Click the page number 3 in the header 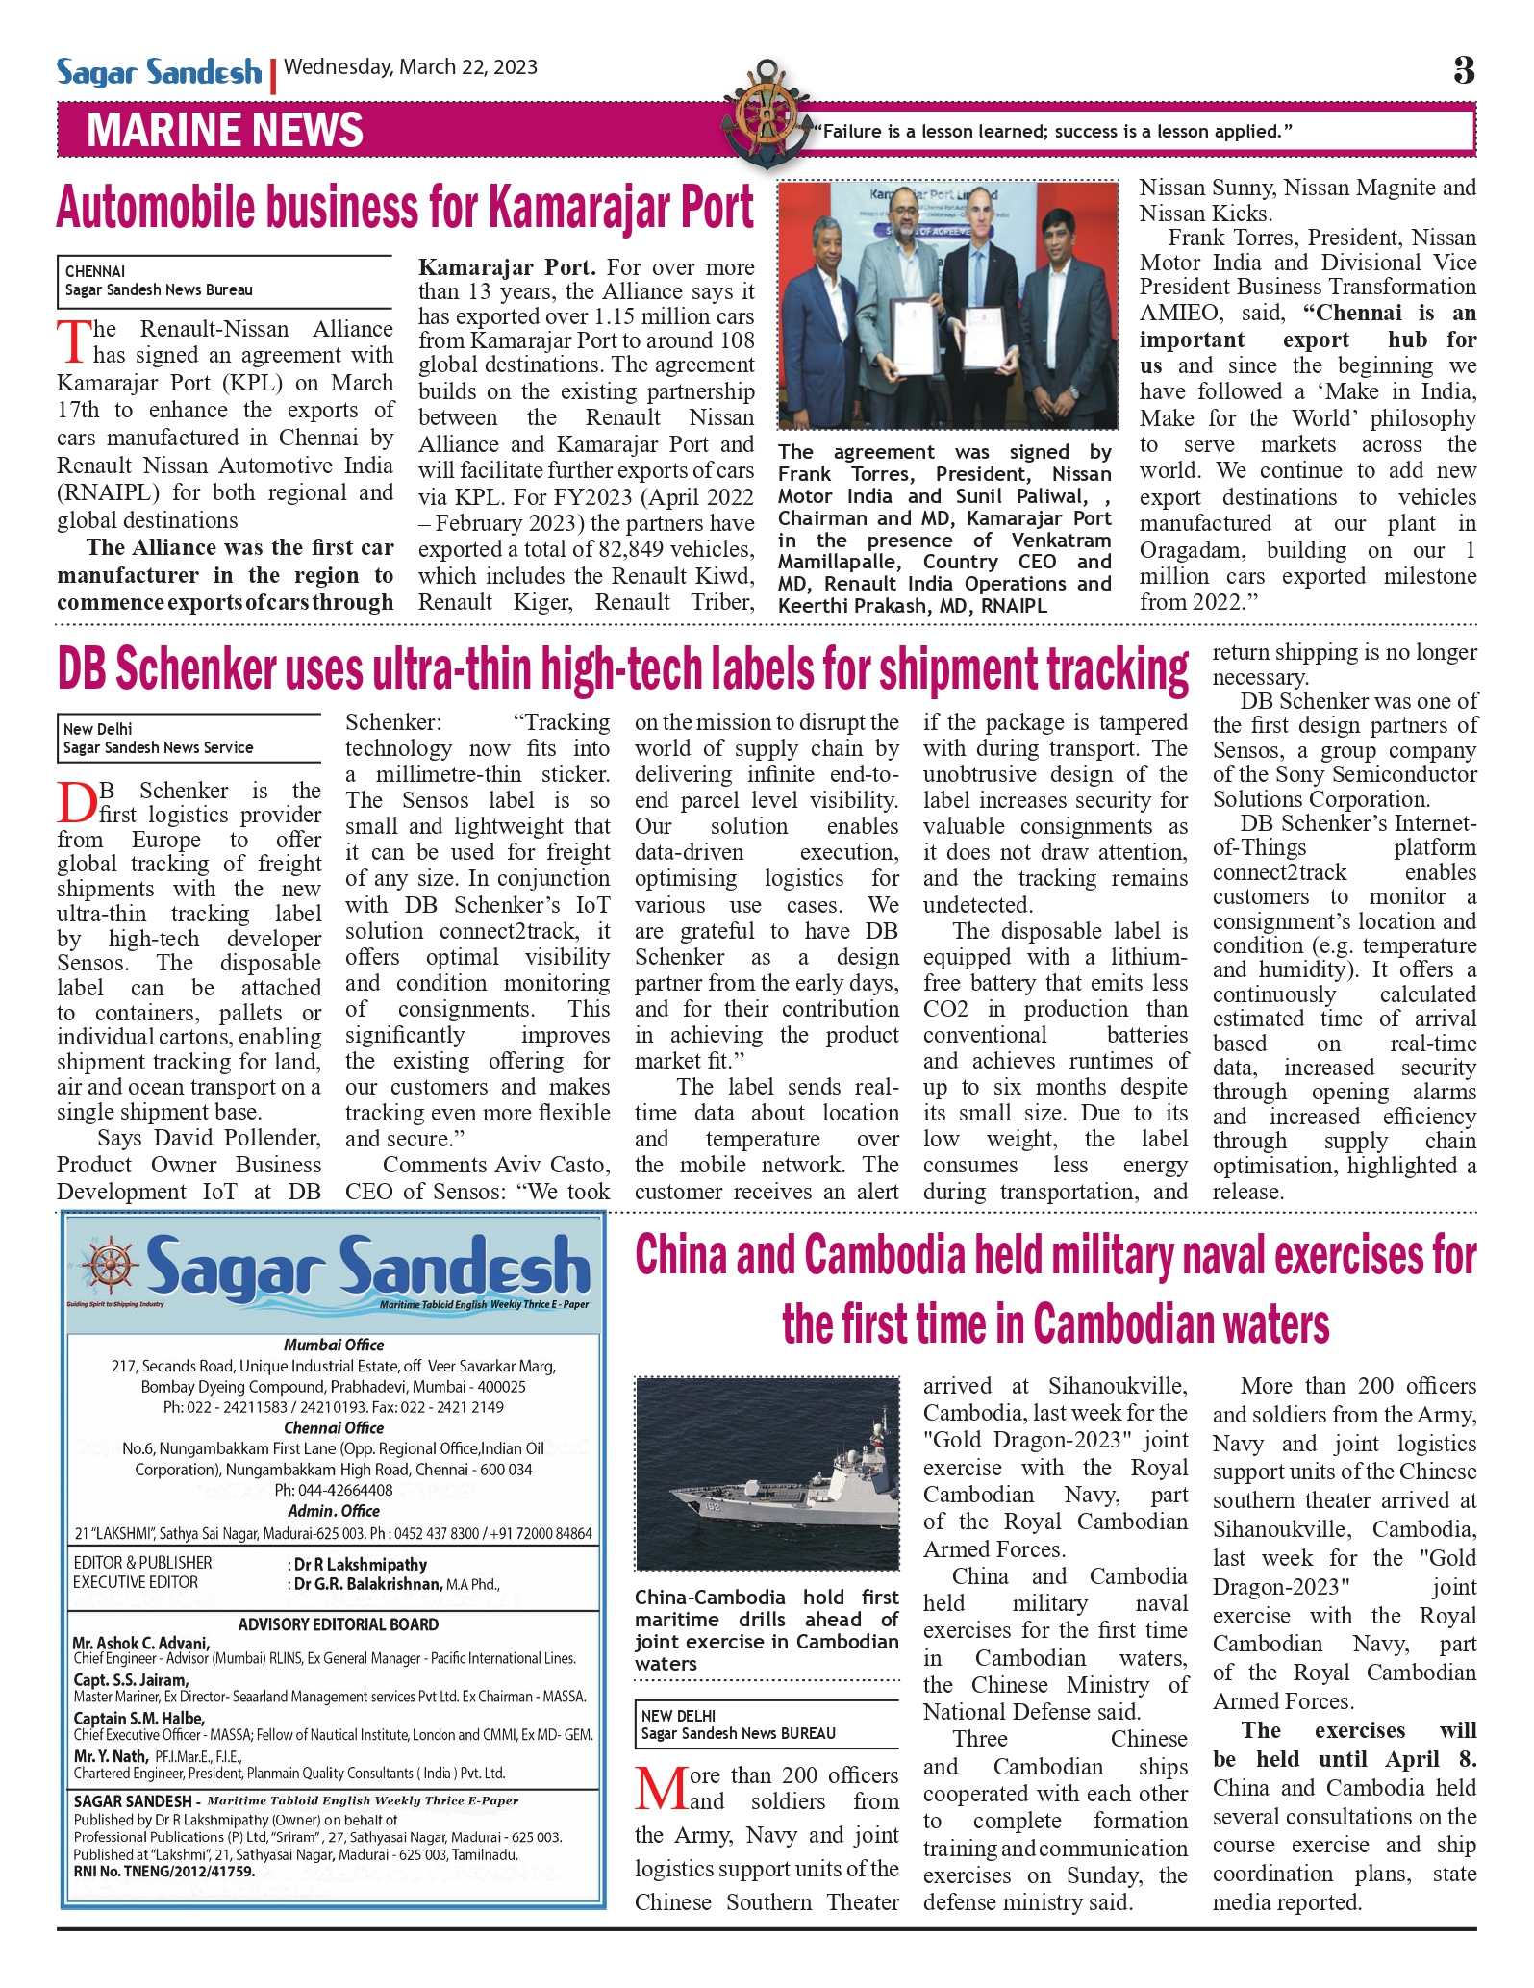pos(1463,70)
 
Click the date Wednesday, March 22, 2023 pos(411,67)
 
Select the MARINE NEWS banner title pos(225,131)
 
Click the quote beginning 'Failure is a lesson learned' pos(1052,132)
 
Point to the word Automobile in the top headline pos(156,208)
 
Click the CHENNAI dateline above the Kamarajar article pos(95,271)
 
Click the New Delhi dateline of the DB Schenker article pos(97,729)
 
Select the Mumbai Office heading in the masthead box pos(333,1345)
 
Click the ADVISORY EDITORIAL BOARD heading pos(338,1624)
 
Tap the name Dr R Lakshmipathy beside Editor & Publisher pos(360,1565)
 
